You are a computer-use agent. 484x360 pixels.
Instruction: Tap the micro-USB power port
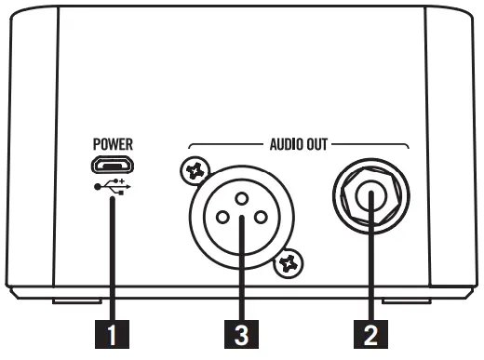point(112,167)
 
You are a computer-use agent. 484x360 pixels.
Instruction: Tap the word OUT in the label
point(317,145)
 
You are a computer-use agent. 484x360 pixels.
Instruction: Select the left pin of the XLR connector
point(222,218)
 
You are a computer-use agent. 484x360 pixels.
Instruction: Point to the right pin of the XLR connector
point(260,218)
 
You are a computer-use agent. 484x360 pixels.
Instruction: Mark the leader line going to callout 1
point(113,260)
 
